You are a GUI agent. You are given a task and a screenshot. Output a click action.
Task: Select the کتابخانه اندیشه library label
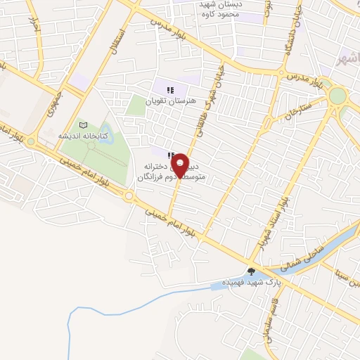(82, 135)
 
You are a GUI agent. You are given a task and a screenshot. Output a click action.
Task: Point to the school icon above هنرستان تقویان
(170, 89)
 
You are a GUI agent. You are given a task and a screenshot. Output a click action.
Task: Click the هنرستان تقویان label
(170, 101)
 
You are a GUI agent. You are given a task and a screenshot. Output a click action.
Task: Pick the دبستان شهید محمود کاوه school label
(216, 8)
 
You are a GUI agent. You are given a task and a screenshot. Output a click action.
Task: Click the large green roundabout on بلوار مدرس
(338, 96)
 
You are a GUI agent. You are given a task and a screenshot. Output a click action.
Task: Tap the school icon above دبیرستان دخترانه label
(170, 154)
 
